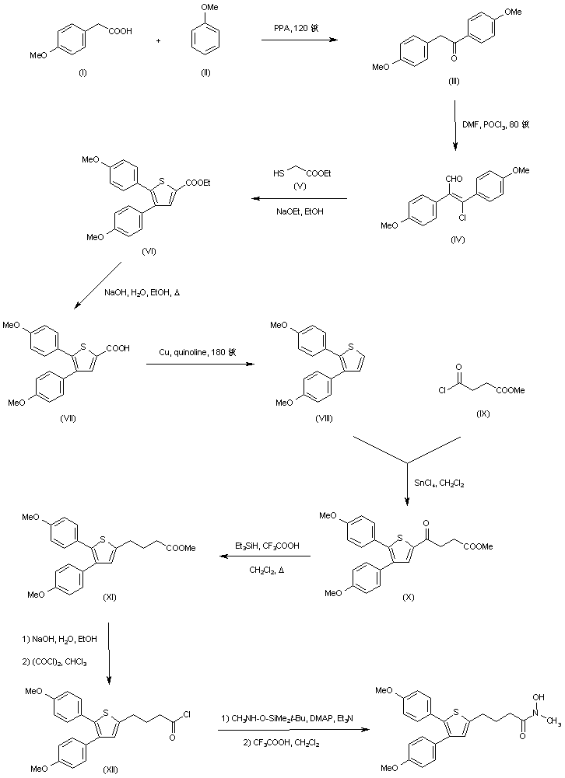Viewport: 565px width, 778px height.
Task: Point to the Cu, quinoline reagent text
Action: (x=198, y=351)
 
